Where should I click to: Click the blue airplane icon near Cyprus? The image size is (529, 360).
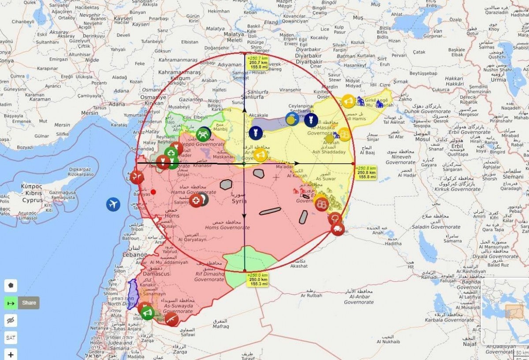tap(113, 204)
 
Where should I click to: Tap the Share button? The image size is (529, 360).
tap(29, 303)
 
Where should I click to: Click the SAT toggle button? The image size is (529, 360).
tap(11, 338)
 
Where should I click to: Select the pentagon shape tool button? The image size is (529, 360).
tap(11, 285)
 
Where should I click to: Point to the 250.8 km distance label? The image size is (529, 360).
tap(366, 172)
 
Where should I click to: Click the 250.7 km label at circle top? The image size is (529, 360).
tap(258, 63)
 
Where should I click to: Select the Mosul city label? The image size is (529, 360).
tap(422, 139)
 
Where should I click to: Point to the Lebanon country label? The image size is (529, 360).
tap(134, 255)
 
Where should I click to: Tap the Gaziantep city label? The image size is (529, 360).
tap(191, 100)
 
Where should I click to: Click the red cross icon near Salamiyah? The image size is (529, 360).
tap(196, 201)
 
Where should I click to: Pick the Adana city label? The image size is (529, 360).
tap(117, 104)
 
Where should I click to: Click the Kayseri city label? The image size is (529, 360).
tap(123, 19)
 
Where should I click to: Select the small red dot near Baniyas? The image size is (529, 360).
tap(153, 191)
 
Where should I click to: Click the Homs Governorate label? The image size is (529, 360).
tap(227, 228)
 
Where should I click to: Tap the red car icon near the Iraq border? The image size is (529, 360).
tap(338, 229)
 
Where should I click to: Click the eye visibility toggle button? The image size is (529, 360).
tap(11, 320)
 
